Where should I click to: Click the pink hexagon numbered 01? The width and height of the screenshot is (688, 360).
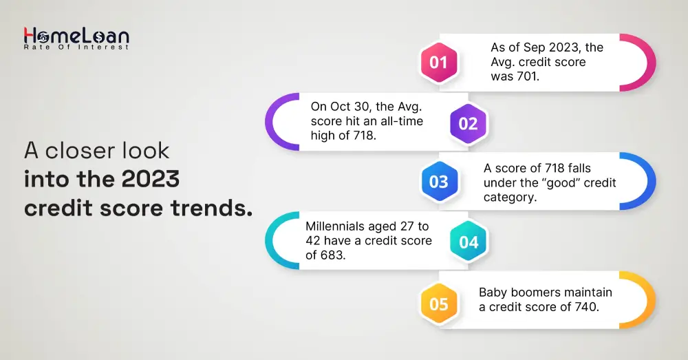click(x=438, y=63)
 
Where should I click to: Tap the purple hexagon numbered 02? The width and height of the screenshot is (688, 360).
click(x=468, y=123)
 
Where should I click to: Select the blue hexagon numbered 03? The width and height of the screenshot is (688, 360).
click(x=438, y=181)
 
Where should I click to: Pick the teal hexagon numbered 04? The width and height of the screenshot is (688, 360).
click(x=468, y=242)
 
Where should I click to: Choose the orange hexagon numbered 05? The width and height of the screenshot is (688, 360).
click(x=438, y=304)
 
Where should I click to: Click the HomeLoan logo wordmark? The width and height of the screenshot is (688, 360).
click(x=76, y=35)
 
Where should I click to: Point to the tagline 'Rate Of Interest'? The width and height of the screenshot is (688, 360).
click(x=76, y=47)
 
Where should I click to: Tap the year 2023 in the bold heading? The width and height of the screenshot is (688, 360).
click(x=150, y=179)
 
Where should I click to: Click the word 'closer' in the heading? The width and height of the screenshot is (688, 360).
click(x=80, y=151)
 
